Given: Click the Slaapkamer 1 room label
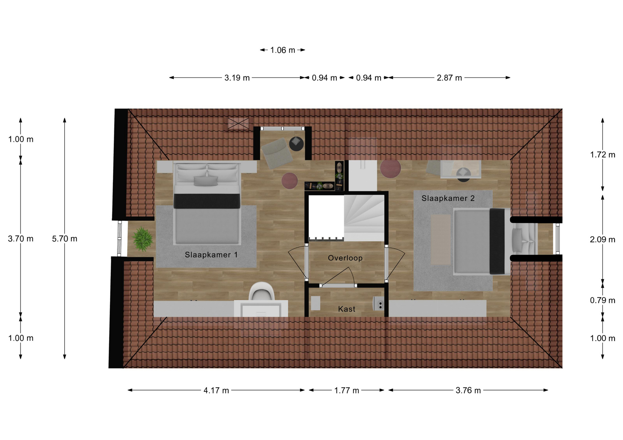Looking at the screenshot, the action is pos(211,255).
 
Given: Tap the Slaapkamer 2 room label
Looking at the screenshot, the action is pos(448,198).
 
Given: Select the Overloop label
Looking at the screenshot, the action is pos(345,258).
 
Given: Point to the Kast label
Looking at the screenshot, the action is pos(347,309).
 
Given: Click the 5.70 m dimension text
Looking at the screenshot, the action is pos(65,239).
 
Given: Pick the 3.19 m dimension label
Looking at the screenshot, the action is pos(237,78).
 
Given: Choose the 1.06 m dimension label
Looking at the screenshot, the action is pos(283,50).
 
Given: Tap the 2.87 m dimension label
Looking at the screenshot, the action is pos(449,78).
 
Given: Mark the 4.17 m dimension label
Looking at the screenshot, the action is pos(216,390).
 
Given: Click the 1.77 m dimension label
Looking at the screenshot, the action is pos(347,390).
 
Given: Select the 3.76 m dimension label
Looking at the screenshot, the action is pos(468,390).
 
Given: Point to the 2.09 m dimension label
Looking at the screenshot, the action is pos(603,239).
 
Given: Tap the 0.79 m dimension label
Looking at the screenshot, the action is pos(603,300).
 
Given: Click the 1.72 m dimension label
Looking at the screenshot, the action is pos(603,155).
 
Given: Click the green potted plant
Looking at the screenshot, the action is pos(142,239).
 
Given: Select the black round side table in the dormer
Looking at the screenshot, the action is pos(296,144).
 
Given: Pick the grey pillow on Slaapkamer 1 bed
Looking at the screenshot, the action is pos(206,181).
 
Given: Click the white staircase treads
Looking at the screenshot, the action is pos(364,218).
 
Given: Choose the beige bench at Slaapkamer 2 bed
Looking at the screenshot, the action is pos(441,240).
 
